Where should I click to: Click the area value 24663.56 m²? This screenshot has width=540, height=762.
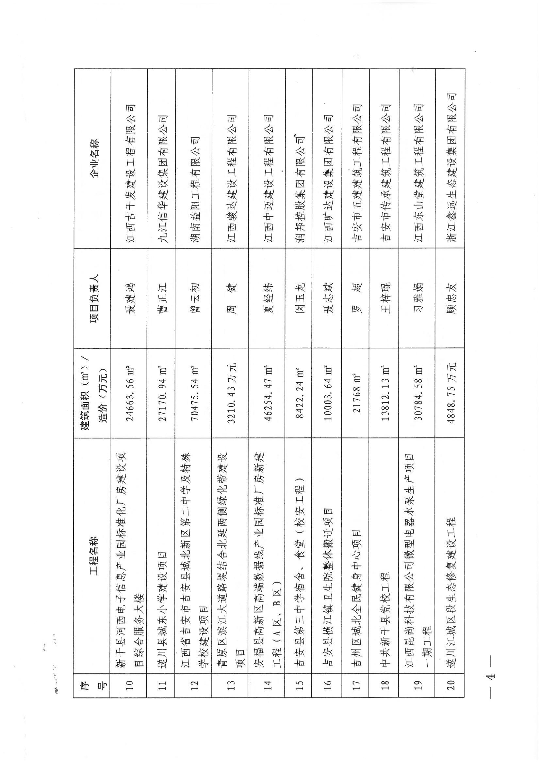(129, 394)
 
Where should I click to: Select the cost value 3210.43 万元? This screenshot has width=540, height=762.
(230, 394)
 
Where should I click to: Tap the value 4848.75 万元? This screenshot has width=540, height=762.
(450, 394)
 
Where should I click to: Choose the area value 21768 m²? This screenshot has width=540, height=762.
(356, 394)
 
